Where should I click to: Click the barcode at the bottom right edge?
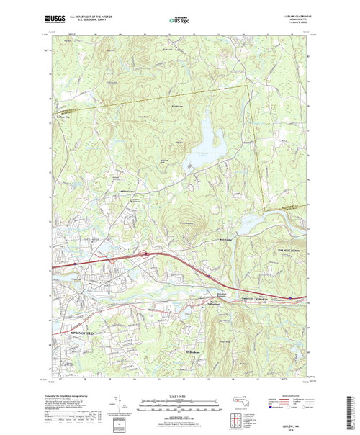pos(354,411)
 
